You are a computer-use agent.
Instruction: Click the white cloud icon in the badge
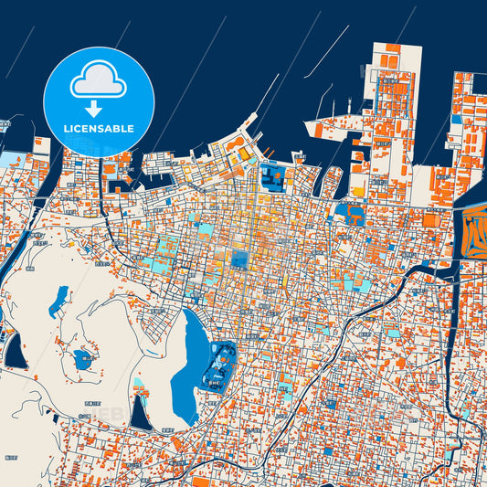tap(98, 80)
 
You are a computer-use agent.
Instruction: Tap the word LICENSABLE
tap(99, 129)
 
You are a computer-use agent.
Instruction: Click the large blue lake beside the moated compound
tap(189, 365)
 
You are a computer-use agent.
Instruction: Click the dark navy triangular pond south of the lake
tap(140, 414)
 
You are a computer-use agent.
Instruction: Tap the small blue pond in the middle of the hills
tap(82, 357)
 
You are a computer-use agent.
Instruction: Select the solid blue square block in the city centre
tap(239, 259)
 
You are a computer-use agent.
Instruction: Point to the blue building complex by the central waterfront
tap(271, 175)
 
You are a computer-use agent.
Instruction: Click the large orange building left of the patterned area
tap(430, 219)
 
